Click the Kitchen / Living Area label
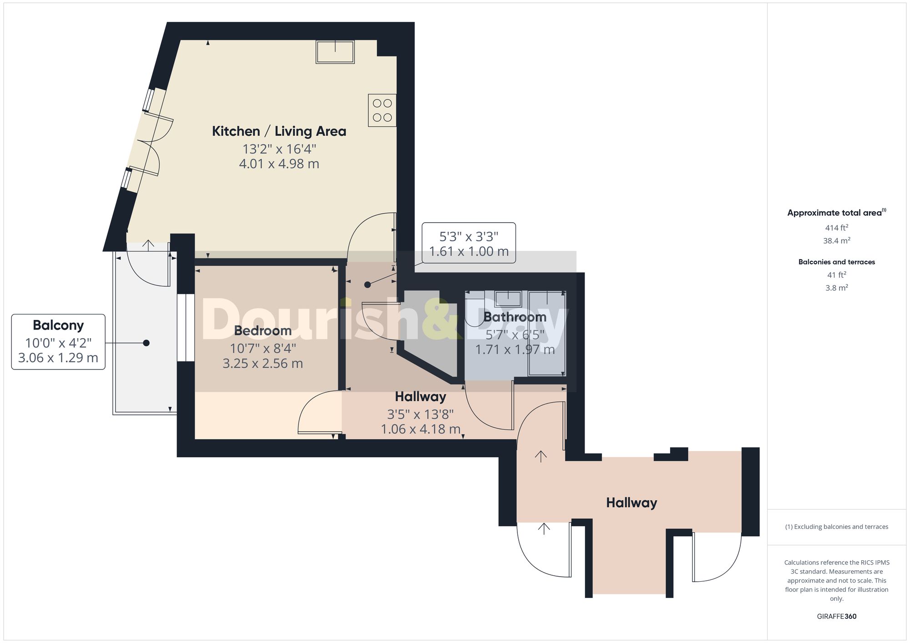pyautogui.click(x=279, y=131)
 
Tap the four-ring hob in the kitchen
pyautogui.click(x=382, y=110)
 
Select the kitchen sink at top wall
pyautogui.click(x=335, y=51)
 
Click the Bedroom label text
pyautogui.click(x=263, y=330)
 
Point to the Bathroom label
pyautogui.click(x=515, y=317)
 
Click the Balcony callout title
pyautogui.click(x=58, y=325)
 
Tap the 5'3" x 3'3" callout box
pyautogui.click(x=468, y=243)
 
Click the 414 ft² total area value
pyautogui.click(x=836, y=228)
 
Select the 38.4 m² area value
pyautogui.click(x=836, y=241)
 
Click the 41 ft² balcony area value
pyautogui.click(x=836, y=275)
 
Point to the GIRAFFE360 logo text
pyautogui.click(x=836, y=616)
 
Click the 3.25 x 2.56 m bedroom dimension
pyautogui.click(x=263, y=364)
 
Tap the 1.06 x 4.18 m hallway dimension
pyautogui.click(x=420, y=429)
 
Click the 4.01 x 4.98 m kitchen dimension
pyautogui.click(x=279, y=164)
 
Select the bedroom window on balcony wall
pyautogui.click(x=186, y=328)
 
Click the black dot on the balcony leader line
pyautogui.click(x=146, y=343)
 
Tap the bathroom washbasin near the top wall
pyautogui.click(x=508, y=299)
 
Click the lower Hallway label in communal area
pyautogui.click(x=631, y=503)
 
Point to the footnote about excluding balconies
pyautogui.click(x=836, y=527)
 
